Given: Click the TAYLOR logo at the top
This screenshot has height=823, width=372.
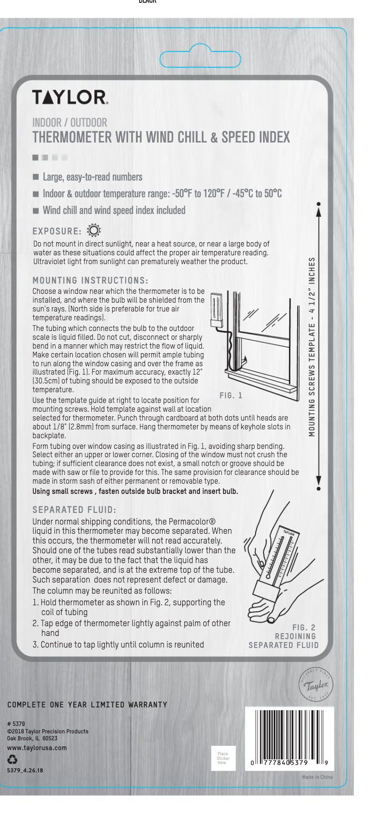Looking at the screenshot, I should pyautogui.click(x=70, y=97).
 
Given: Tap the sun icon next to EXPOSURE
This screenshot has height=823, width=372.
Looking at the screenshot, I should pyautogui.click(x=94, y=230).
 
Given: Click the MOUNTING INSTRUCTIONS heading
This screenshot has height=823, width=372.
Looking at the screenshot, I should pyautogui.click(x=90, y=280).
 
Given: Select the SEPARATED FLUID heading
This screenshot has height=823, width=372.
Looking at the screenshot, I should pyautogui.click(x=74, y=510).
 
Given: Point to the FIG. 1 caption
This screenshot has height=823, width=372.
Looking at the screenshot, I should pyautogui.click(x=231, y=395).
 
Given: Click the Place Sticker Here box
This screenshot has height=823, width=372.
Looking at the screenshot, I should pyautogui.click(x=223, y=758).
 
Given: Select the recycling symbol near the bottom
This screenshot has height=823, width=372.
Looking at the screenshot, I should pyautogui.click(x=13, y=759).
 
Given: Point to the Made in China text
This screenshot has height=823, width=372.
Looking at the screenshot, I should pyautogui.click(x=317, y=777).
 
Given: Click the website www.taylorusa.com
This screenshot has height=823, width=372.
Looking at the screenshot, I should pyautogui.click(x=37, y=748).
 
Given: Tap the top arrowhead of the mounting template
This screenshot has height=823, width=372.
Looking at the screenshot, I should pyautogui.click(x=319, y=211).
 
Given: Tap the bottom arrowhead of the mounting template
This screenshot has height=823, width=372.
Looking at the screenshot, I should pyautogui.click(x=319, y=481).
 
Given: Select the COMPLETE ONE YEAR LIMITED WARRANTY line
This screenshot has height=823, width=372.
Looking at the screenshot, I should pyautogui.click(x=87, y=705).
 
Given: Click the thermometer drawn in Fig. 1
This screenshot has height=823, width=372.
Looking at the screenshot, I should pyautogui.click(x=216, y=309).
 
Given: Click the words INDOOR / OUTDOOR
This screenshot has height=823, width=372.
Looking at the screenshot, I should pyautogui.click(x=70, y=123).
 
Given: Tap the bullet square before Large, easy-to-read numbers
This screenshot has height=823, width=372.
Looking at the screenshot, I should pyautogui.click(x=36, y=177).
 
